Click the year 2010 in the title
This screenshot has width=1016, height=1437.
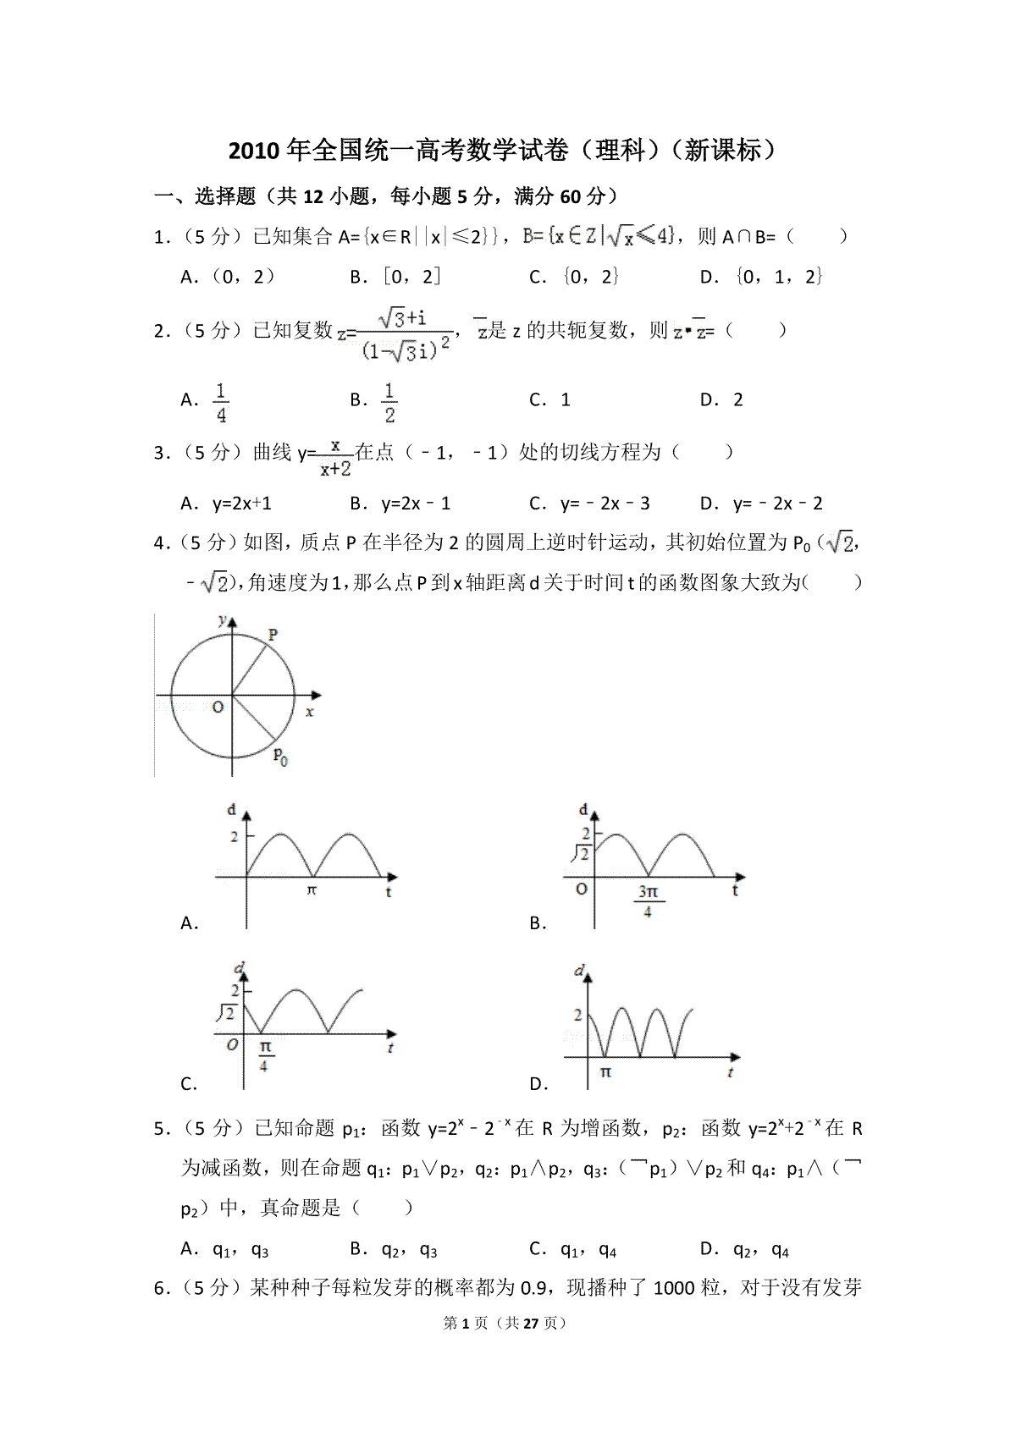click(x=253, y=151)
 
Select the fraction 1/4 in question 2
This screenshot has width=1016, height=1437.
click(x=221, y=402)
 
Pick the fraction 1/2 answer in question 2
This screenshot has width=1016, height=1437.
click(x=389, y=402)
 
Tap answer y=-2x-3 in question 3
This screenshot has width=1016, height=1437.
click(x=605, y=504)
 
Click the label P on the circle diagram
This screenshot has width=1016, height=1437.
click(x=273, y=634)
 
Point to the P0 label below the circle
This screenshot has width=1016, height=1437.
click(x=280, y=756)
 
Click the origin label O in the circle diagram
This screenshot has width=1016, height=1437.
click(x=218, y=707)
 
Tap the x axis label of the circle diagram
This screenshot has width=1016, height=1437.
click(x=310, y=713)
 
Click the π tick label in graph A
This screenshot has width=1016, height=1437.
click(x=312, y=890)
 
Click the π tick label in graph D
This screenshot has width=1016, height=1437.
click(x=605, y=1071)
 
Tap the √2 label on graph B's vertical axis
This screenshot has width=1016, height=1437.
click(x=580, y=853)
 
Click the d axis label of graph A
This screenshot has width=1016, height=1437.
click(x=231, y=810)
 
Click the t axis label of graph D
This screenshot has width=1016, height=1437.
click(x=730, y=1072)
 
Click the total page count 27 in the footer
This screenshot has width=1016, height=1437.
click(x=530, y=1323)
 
